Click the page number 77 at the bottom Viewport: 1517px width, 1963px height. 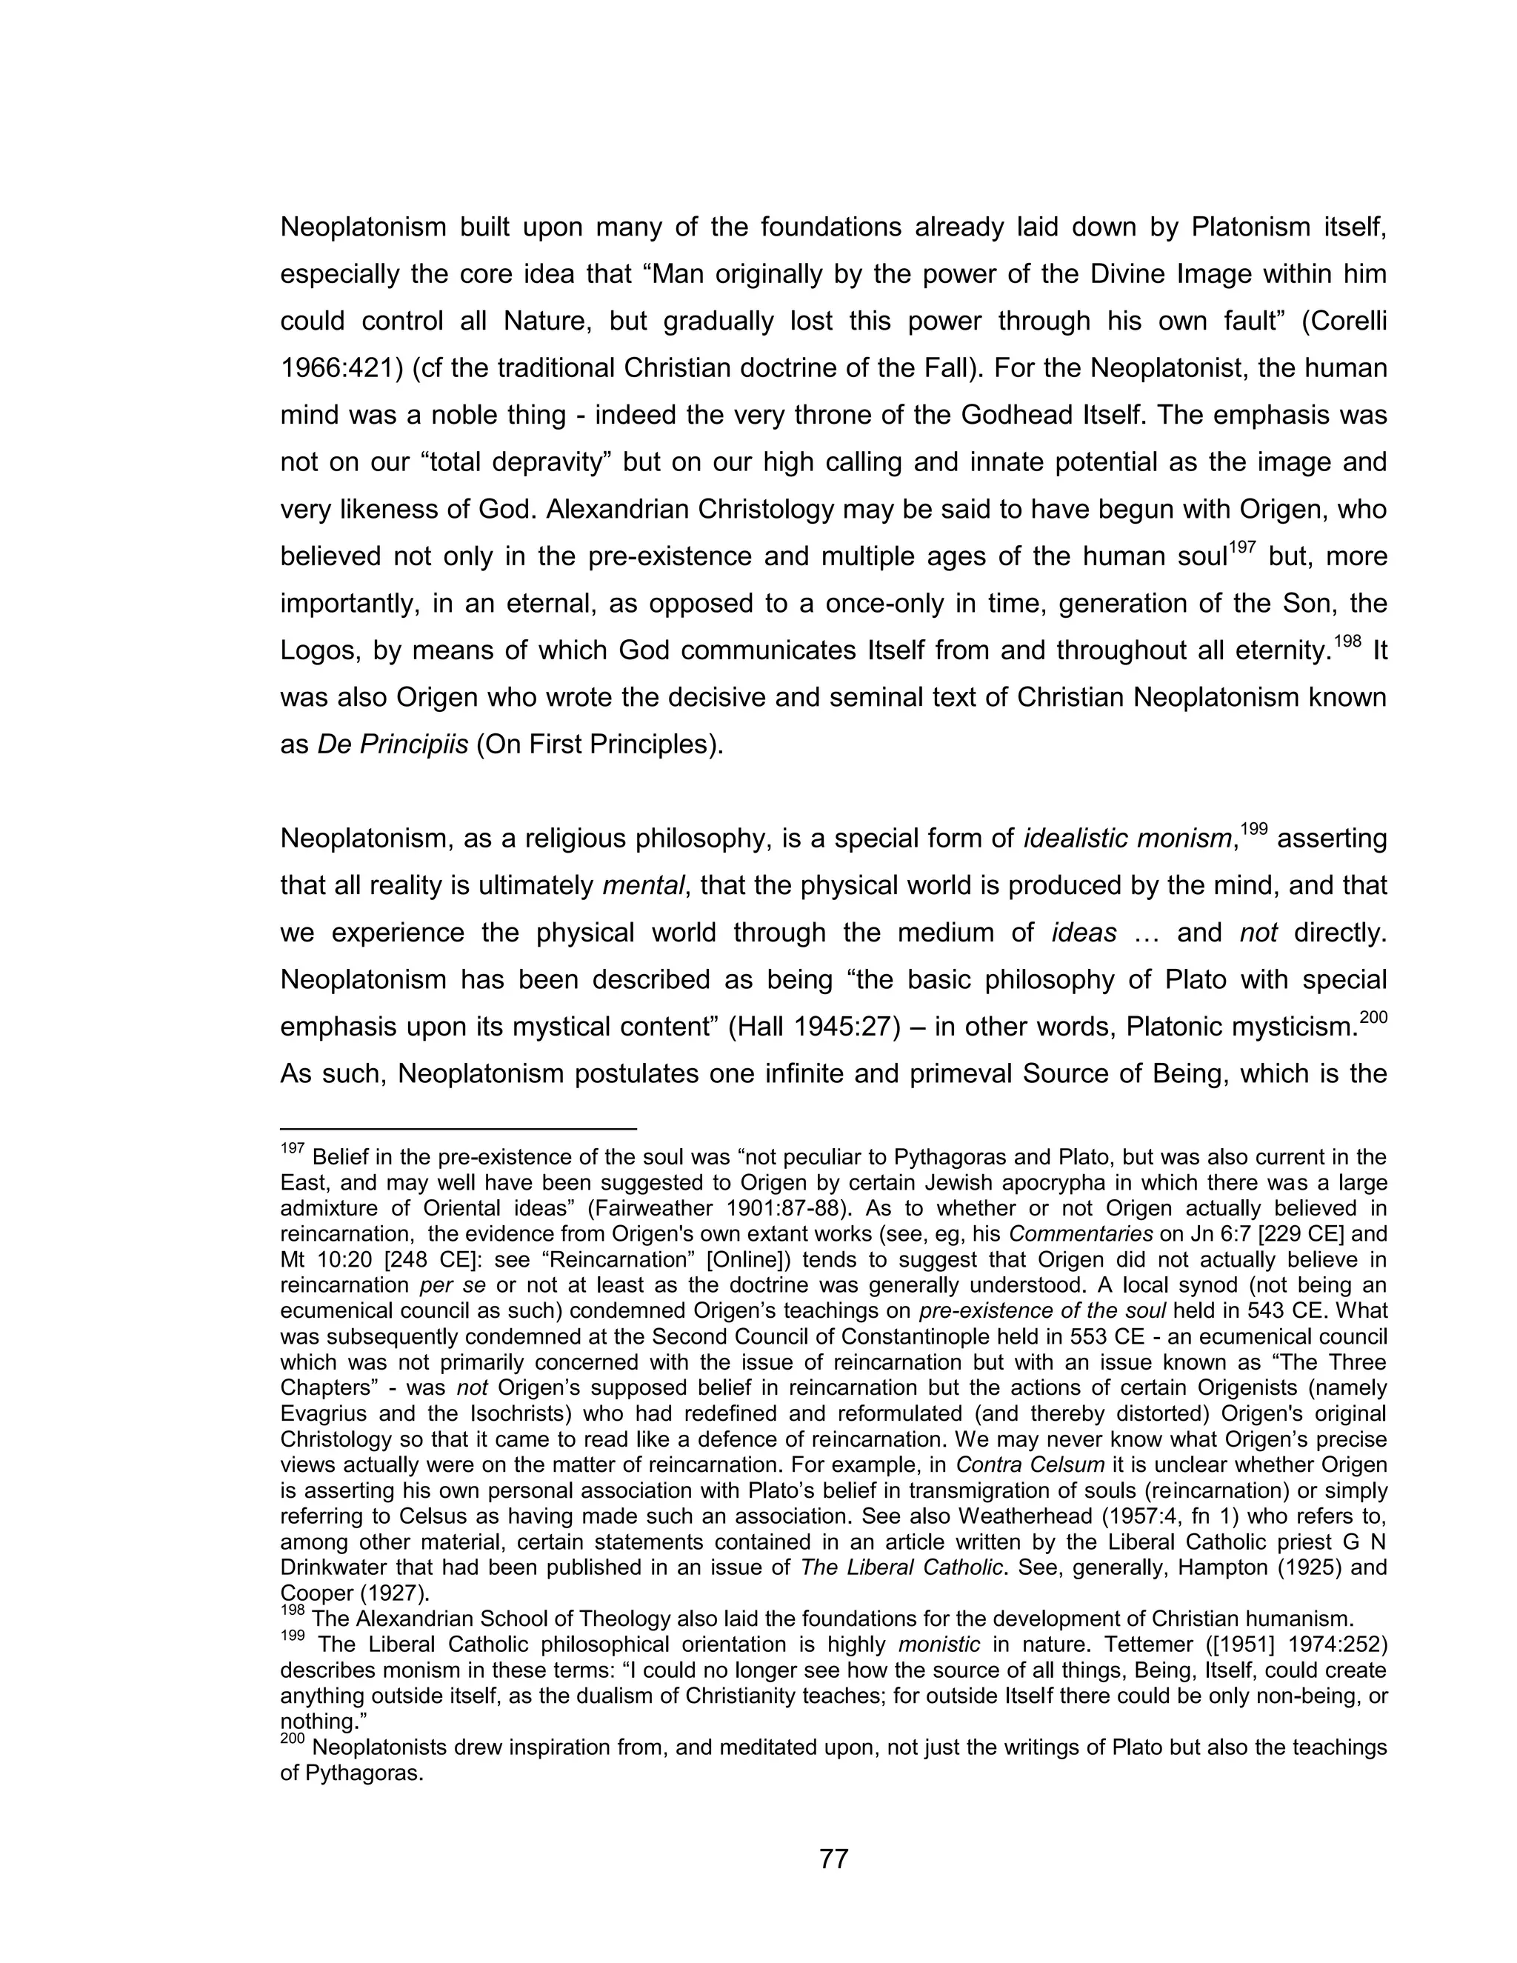(834, 1859)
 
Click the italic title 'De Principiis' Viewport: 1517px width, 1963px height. (393, 745)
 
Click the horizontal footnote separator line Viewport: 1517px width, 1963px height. (459, 1127)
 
